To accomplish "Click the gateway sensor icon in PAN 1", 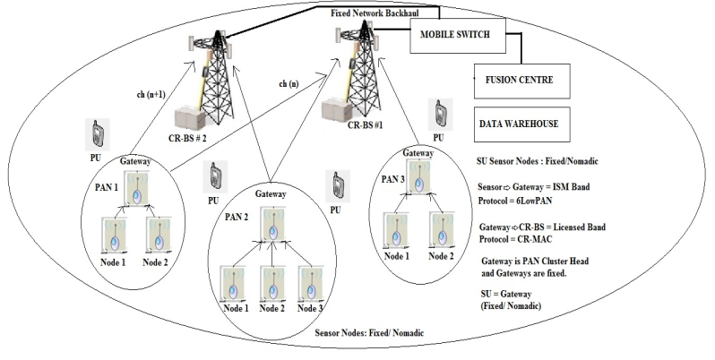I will (136, 193).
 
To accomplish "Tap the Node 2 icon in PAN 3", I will (438, 230).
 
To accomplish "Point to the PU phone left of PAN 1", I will (98, 134).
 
